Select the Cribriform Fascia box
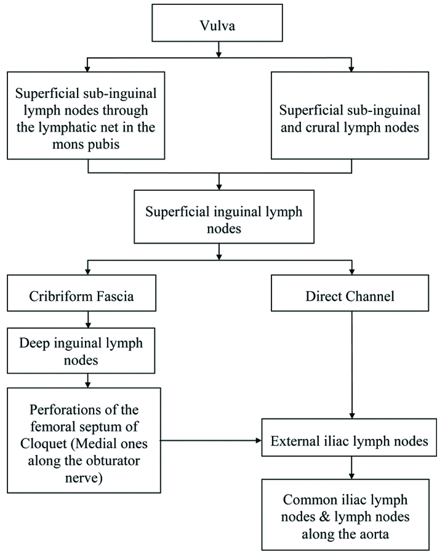tap(89, 295)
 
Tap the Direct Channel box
tap(351, 295)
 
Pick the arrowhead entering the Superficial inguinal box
tap(220, 187)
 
